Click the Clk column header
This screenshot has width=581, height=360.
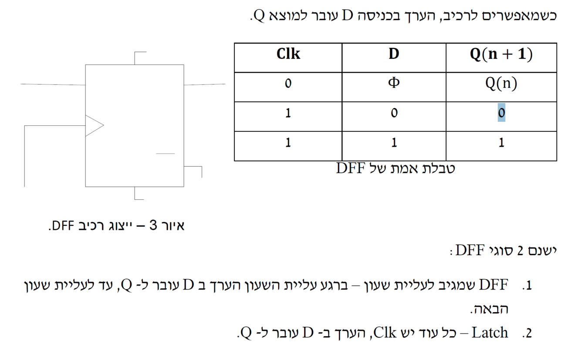[x=288, y=54]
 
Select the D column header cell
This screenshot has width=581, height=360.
[x=394, y=54]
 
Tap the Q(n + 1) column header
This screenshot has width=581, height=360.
[x=501, y=54]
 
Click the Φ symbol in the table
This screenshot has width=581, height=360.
[x=394, y=83]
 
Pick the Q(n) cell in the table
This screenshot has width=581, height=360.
[x=501, y=84]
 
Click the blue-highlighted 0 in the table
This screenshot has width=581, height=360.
[x=501, y=113]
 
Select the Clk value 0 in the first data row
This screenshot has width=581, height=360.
[x=288, y=84]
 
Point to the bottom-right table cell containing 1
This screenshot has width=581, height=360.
[x=501, y=143]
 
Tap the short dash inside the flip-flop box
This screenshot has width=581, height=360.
[x=165, y=154]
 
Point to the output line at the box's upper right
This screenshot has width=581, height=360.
[x=205, y=84]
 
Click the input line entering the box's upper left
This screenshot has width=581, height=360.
[x=52, y=84]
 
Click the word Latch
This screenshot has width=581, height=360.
[x=490, y=333]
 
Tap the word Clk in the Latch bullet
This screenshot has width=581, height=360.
[x=385, y=333]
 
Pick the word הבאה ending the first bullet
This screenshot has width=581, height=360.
[x=490, y=310]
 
